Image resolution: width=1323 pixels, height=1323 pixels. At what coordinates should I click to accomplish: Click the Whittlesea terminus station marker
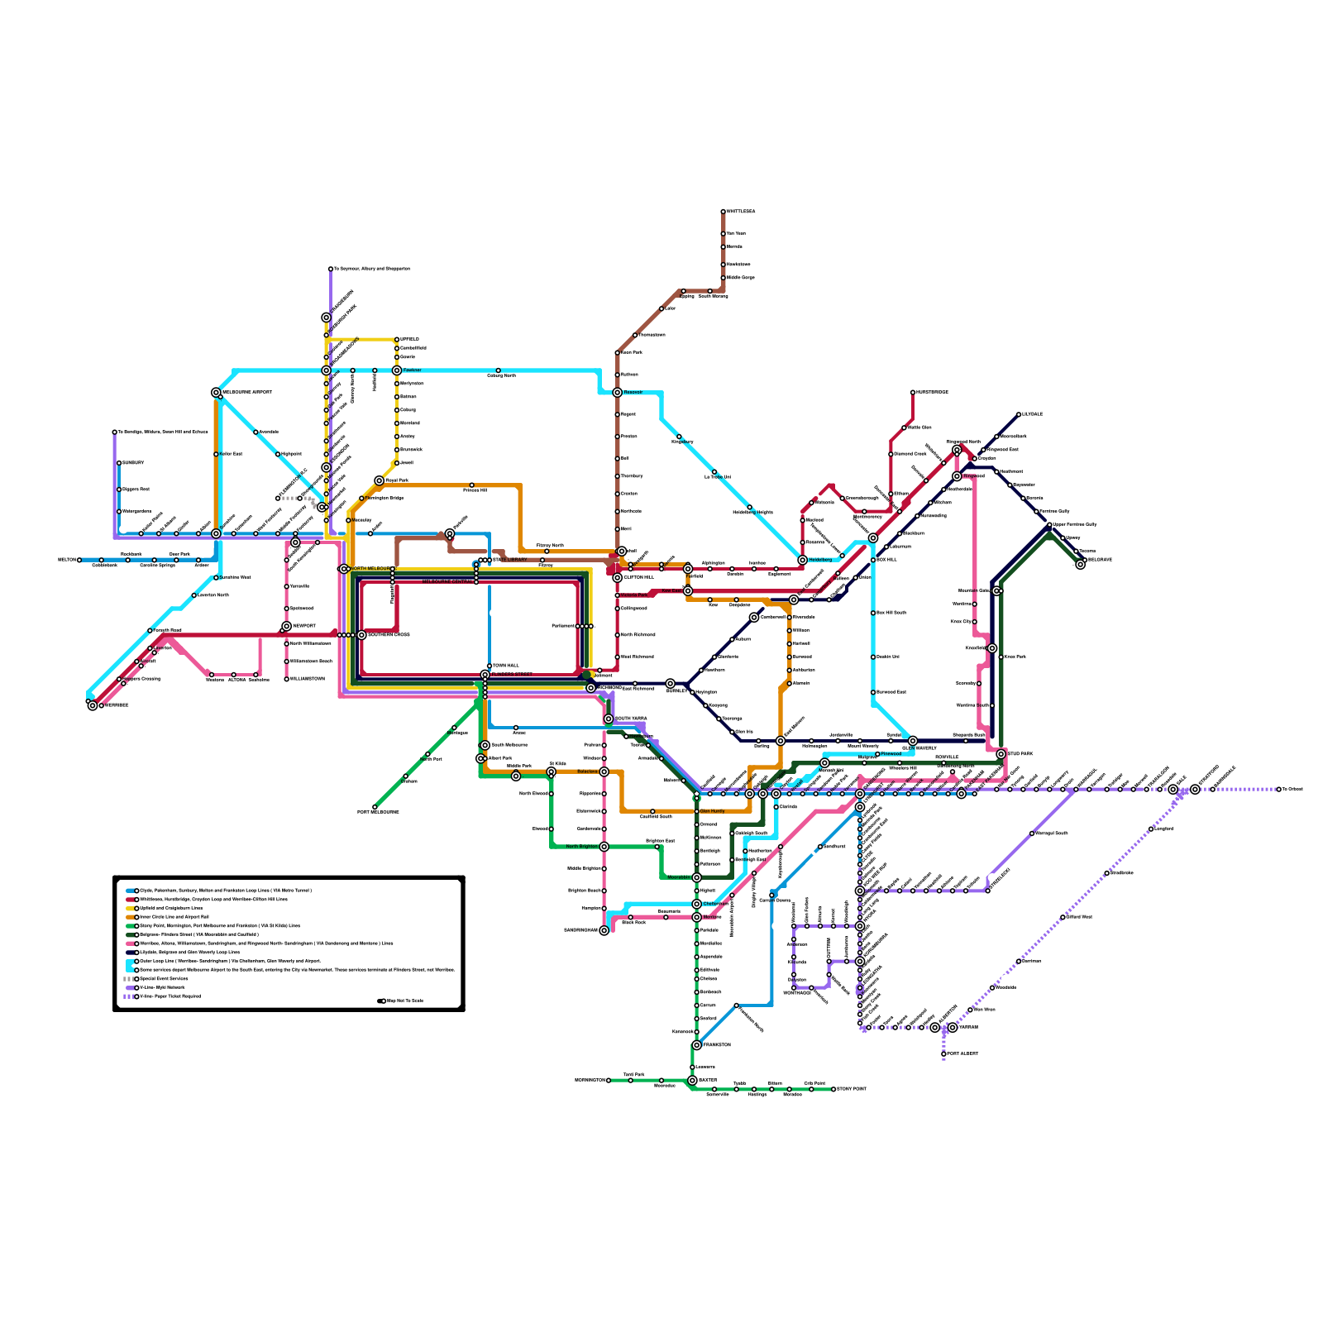click(723, 212)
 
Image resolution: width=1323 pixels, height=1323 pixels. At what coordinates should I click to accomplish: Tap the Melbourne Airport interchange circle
click(216, 393)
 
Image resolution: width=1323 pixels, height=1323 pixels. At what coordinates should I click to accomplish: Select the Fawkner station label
click(412, 370)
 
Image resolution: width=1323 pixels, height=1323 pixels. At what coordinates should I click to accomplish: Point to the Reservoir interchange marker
click(617, 393)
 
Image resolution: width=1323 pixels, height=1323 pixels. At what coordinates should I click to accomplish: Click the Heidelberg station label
click(821, 560)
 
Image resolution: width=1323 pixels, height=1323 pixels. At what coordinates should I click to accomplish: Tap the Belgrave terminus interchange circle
click(1080, 564)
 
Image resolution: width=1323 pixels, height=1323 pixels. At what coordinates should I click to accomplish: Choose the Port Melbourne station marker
click(375, 807)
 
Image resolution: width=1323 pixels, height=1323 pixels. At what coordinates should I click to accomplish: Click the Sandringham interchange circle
click(604, 930)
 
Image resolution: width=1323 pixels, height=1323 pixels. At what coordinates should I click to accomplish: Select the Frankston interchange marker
click(697, 1045)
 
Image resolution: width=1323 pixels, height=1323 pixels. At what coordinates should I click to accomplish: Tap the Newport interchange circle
click(287, 627)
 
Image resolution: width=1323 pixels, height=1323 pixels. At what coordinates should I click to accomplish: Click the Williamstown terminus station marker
click(287, 679)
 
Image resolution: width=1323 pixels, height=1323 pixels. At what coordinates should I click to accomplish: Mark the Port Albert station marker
click(943, 1053)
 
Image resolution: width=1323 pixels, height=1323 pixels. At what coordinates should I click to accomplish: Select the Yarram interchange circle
click(953, 1027)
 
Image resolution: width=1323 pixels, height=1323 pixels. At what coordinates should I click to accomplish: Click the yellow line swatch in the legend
click(131, 908)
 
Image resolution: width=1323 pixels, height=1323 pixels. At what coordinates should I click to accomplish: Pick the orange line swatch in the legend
click(131, 917)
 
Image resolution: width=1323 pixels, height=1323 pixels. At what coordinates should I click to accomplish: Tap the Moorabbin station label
click(679, 877)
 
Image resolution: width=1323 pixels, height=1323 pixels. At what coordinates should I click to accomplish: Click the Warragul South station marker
click(1032, 833)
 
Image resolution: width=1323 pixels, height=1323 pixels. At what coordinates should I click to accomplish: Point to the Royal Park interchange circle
click(379, 480)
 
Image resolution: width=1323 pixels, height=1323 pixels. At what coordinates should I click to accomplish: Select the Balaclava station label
click(587, 771)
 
